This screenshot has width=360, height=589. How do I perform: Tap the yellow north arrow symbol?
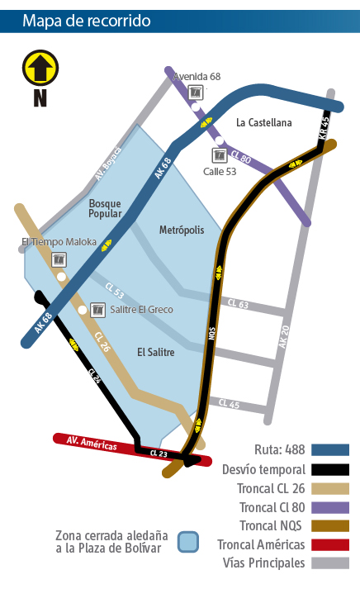[40, 67]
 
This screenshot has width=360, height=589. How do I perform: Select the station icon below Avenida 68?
[196, 92]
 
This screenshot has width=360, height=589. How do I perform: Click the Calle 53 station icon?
[220, 155]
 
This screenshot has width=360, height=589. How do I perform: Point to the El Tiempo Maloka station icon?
[59, 259]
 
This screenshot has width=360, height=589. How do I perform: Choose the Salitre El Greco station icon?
[97, 310]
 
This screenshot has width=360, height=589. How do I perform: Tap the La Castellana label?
[263, 123]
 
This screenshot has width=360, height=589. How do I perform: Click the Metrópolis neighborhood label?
[181, 230]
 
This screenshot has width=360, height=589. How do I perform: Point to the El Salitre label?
[156, 352]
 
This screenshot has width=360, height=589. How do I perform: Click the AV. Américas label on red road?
[92, 444]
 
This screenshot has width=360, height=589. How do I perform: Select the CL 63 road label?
[237, 305]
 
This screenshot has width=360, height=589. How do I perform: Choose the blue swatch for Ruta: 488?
[329, 450]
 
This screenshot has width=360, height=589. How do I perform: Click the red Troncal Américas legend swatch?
[329, 544]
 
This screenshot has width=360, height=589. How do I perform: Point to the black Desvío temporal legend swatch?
[329, 469]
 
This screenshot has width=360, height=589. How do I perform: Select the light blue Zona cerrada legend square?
[188, 541]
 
